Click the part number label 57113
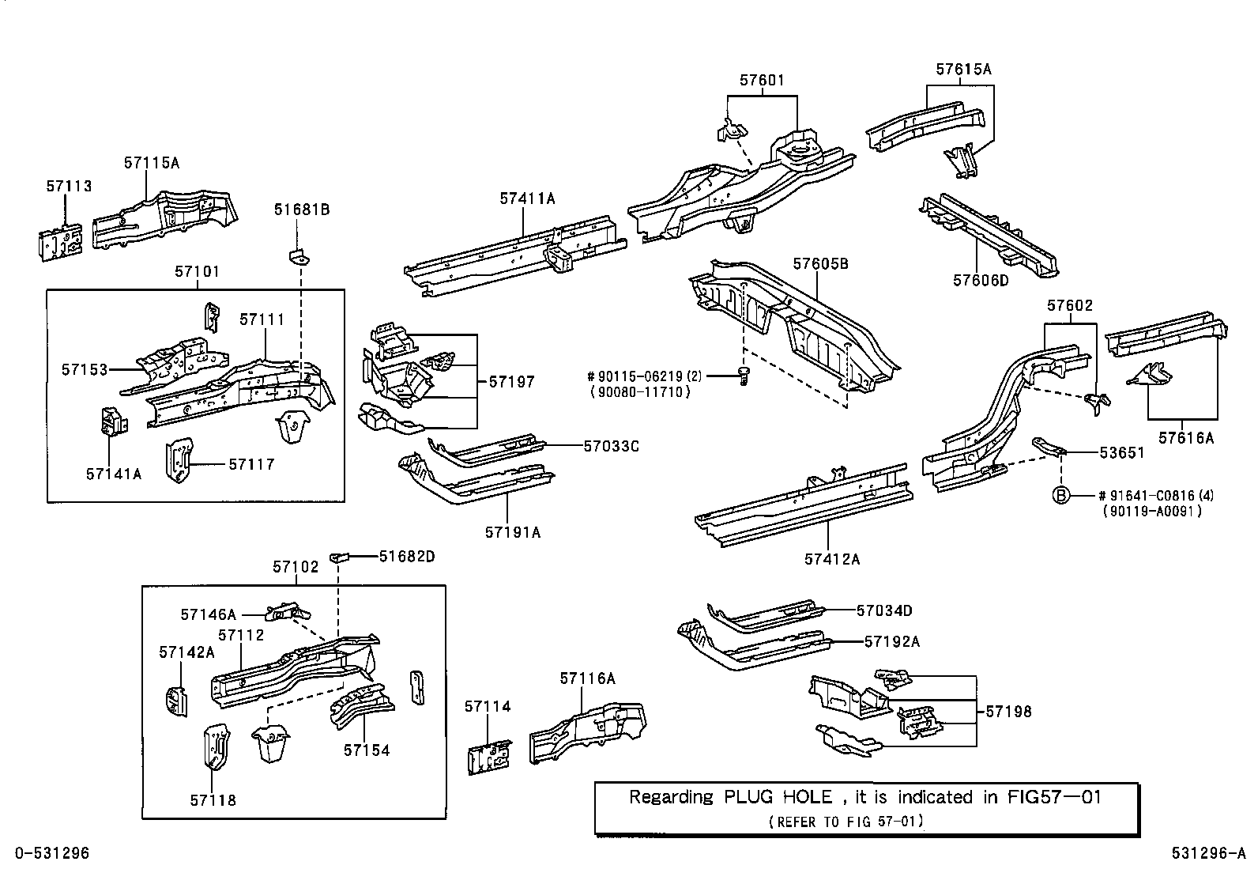click(69, 186)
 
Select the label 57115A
click(152, 163)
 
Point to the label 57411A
click(527, 198)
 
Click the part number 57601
click(762, 80)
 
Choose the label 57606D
click(981, 280)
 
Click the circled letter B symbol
click(1061, 496)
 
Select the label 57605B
click(821, 263)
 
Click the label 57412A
click(832, 559)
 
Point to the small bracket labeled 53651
click(1050, 447)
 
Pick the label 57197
click(511, 382)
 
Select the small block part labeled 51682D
click(340, 556)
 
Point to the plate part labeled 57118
click(216, 747)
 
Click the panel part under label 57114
click(489, 758)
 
